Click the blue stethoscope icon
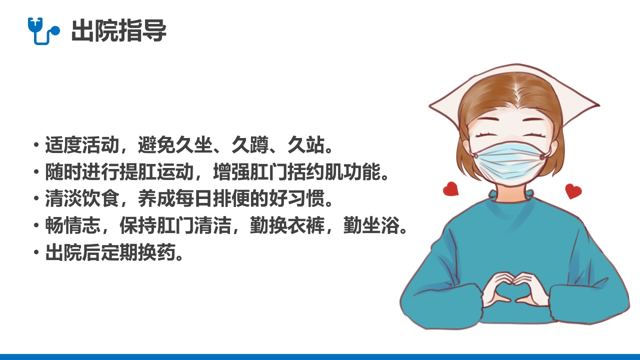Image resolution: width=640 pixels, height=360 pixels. tap(43, 30)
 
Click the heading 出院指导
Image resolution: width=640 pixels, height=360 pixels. tap(118, 31)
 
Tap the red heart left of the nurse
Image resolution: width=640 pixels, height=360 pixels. tap(450, 188)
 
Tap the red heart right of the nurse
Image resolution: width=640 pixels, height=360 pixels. tap(573, 190)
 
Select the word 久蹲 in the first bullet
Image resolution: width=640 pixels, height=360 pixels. tap(250, 145)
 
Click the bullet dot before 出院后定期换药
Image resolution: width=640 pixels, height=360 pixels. tap(36, 253)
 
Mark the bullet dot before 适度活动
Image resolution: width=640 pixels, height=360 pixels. tap(36, 145)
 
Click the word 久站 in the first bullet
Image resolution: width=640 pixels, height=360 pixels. tap(305, 145)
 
